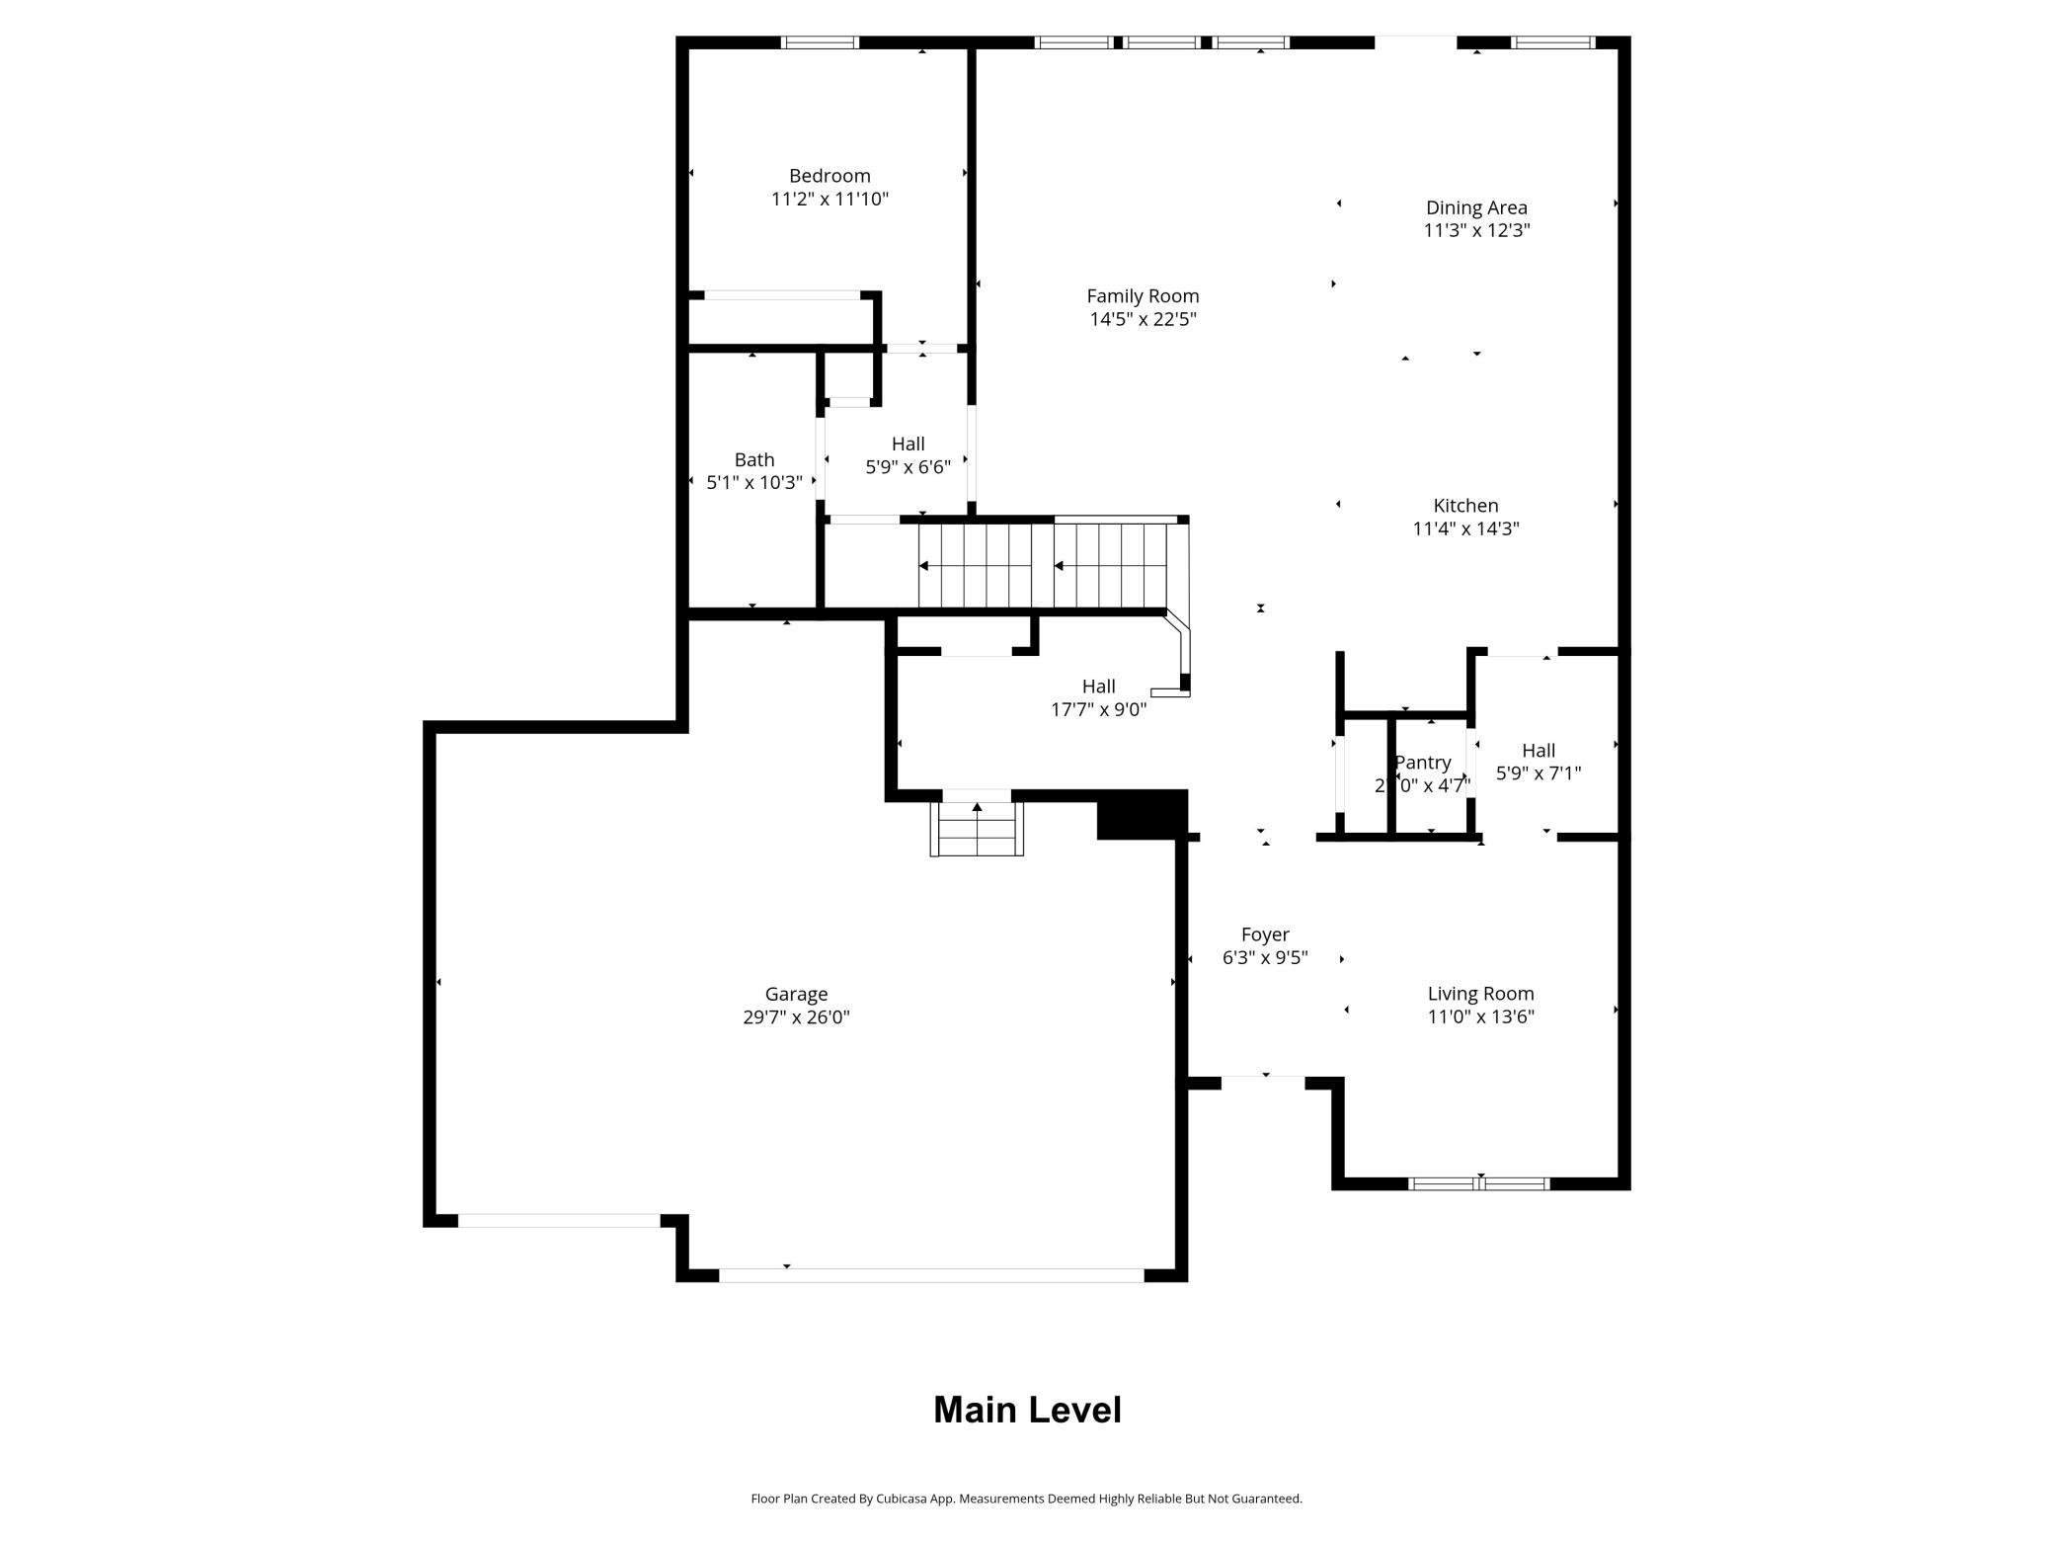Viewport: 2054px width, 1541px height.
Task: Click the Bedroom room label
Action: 829,176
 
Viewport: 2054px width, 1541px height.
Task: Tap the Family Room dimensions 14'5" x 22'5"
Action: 1143,319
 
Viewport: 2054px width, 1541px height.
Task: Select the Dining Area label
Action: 1476,207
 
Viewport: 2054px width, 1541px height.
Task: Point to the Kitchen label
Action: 1465,506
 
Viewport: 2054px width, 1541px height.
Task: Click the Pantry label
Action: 1422,763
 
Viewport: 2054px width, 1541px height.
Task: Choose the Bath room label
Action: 753,460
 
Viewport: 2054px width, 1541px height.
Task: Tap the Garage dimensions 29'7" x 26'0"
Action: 796,1017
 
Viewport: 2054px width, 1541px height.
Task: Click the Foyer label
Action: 1265,934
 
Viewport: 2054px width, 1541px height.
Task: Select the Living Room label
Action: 1480,994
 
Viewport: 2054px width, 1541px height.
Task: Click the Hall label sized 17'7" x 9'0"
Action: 1098,687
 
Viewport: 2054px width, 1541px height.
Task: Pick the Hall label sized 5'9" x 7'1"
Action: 1538,751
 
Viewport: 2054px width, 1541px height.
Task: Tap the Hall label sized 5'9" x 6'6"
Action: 908,445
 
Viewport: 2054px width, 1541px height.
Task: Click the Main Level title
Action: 1027,1410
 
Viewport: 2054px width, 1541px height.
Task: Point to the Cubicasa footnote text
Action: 1026,1499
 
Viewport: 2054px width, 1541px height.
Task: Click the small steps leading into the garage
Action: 977,829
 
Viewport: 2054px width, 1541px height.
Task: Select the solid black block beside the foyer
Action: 1142,816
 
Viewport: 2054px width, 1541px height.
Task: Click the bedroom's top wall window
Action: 820,42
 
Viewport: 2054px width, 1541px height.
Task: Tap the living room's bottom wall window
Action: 1478,1183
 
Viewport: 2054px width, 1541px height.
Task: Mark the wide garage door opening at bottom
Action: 930,1275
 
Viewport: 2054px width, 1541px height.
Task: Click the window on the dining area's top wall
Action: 1553,42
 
